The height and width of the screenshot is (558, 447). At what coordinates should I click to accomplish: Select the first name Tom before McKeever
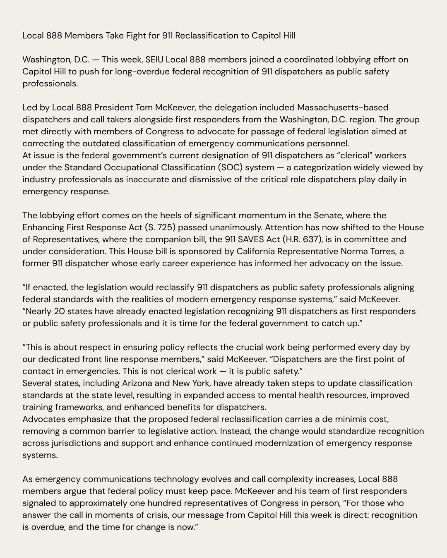[x=144, y=107]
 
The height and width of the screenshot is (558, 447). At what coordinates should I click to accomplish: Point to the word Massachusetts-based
[x=343, y=107]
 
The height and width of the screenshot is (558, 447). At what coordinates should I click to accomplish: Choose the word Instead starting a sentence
[x=235, y=431]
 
